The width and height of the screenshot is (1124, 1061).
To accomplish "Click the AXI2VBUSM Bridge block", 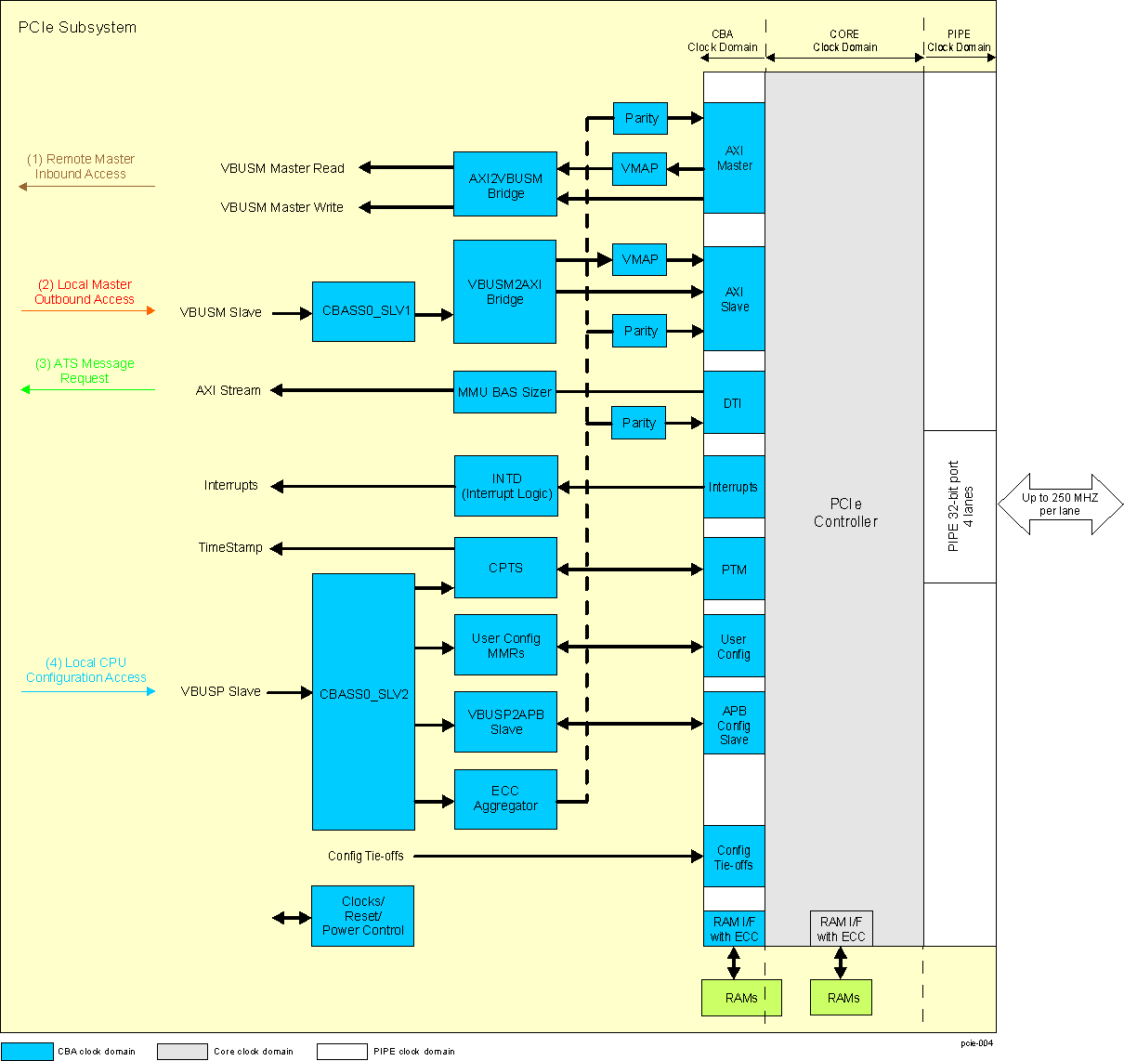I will [x=504, y=184].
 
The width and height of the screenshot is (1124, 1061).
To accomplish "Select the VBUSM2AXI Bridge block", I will [x=504, y=292].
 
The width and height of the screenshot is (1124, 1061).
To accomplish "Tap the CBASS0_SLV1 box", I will [x=363, y=311].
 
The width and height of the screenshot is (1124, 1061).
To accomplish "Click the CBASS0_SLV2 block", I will [x=363, y=701].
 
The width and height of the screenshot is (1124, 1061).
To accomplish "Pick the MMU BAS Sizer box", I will [x=504, y=392].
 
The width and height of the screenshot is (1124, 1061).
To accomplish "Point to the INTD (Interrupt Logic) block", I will [x=506, y=486].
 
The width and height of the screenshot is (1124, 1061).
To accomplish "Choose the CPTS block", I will [x=505, y=568].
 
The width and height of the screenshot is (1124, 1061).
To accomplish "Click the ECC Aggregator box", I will [x=505, y=799].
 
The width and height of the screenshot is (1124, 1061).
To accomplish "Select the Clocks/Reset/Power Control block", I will [x=362, y=916].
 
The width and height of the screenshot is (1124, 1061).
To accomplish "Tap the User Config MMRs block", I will [x=505, y=645].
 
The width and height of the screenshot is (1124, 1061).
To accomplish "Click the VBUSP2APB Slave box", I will [x=505, y=722].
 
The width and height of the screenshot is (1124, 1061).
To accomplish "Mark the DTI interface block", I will [x=734, y=402].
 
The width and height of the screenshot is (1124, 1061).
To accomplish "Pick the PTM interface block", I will [x=734, y=569].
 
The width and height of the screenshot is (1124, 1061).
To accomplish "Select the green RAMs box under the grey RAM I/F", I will [x=841, y=997].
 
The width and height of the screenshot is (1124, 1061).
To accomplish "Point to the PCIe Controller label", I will [x=844, y=513].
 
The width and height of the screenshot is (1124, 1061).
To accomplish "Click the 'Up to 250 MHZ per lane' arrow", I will [x=1060, y=504].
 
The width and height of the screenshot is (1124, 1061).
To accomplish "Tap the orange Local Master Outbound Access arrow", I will [x=88, y=310].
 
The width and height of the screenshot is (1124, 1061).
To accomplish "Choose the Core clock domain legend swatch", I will [x=182, y=1051].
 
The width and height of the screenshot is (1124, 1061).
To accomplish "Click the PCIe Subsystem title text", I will [x=77, y=28].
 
